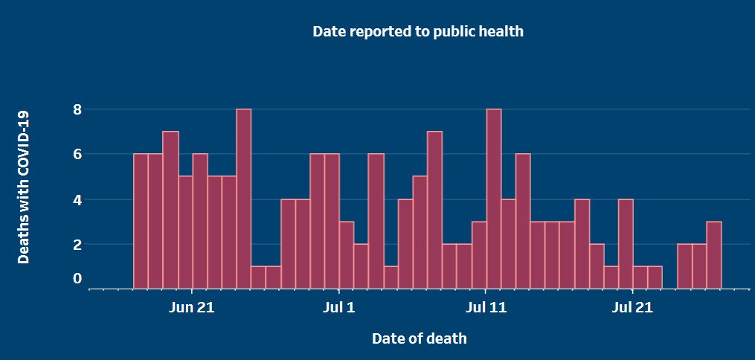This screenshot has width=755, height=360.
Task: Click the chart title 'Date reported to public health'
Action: (x=418, y=31)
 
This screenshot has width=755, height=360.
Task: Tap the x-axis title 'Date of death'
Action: (x=420, y=338)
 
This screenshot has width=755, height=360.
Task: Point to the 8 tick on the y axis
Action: (x=77, y=109)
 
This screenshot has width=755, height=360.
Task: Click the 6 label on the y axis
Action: (x=77, y=154)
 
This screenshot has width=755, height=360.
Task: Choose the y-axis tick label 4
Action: (x=77, y=199)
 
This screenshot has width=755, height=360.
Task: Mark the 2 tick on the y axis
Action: (x=77, y=244)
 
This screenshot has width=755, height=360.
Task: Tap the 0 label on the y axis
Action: (x=77, y=279)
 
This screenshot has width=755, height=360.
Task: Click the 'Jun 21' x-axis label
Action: (x=192, y=307)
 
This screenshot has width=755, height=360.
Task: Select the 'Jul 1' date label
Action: (x=338, y=307)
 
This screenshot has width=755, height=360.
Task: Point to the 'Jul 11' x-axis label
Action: (x=486, y=307)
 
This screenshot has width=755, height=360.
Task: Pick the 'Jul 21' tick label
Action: (x=632, y=307)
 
